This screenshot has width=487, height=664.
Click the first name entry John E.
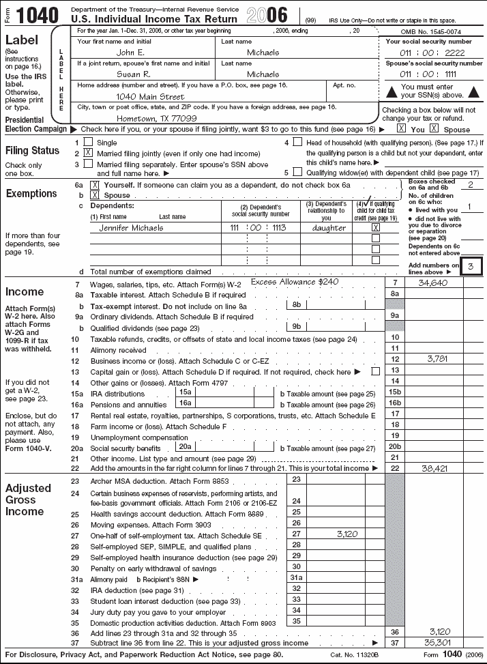coord(130,52)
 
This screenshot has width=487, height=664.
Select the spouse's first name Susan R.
coord(132,74)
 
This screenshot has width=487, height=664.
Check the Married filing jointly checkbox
coord(88,154)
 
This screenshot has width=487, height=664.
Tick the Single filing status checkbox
coord(88,142)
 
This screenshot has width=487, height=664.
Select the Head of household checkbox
coord(297,142)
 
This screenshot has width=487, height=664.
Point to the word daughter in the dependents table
coord(329,228)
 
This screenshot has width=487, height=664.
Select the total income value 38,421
coord(434,469)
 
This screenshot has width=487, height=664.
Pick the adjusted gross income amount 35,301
coord(434,643)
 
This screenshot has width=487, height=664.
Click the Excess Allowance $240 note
coord(295,281)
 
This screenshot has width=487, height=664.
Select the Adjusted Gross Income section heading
coord(29,500)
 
